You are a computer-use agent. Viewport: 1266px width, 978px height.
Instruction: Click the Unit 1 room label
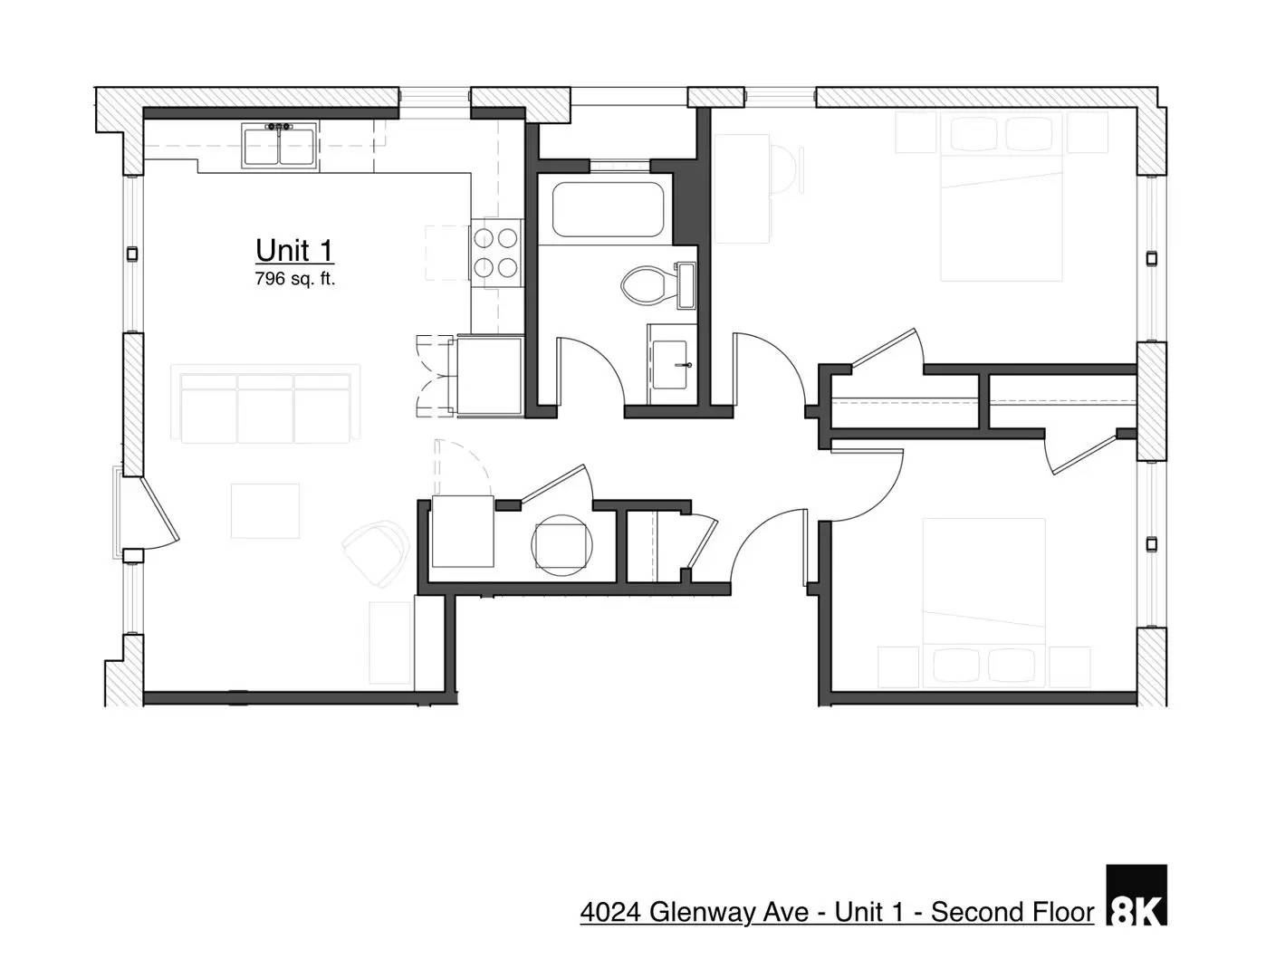point(294,250)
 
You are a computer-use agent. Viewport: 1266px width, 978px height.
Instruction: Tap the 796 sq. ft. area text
point(294,279)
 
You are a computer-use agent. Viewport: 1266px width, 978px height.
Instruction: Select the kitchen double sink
point(279,146)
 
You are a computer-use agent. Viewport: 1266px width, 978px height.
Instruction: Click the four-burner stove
point(496,253)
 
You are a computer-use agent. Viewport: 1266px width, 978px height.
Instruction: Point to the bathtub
point(609,210)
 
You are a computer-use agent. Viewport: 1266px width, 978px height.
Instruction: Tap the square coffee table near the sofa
point(264,511)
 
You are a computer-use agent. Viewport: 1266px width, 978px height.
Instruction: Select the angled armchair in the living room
point(377,551)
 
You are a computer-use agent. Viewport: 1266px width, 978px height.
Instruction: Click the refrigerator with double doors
point(489,375)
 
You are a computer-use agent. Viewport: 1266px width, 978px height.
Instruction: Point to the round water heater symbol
point(561,544)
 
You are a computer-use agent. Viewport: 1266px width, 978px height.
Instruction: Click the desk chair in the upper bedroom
point(786,169)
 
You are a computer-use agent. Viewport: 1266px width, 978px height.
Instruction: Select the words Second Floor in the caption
point(1012,912)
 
